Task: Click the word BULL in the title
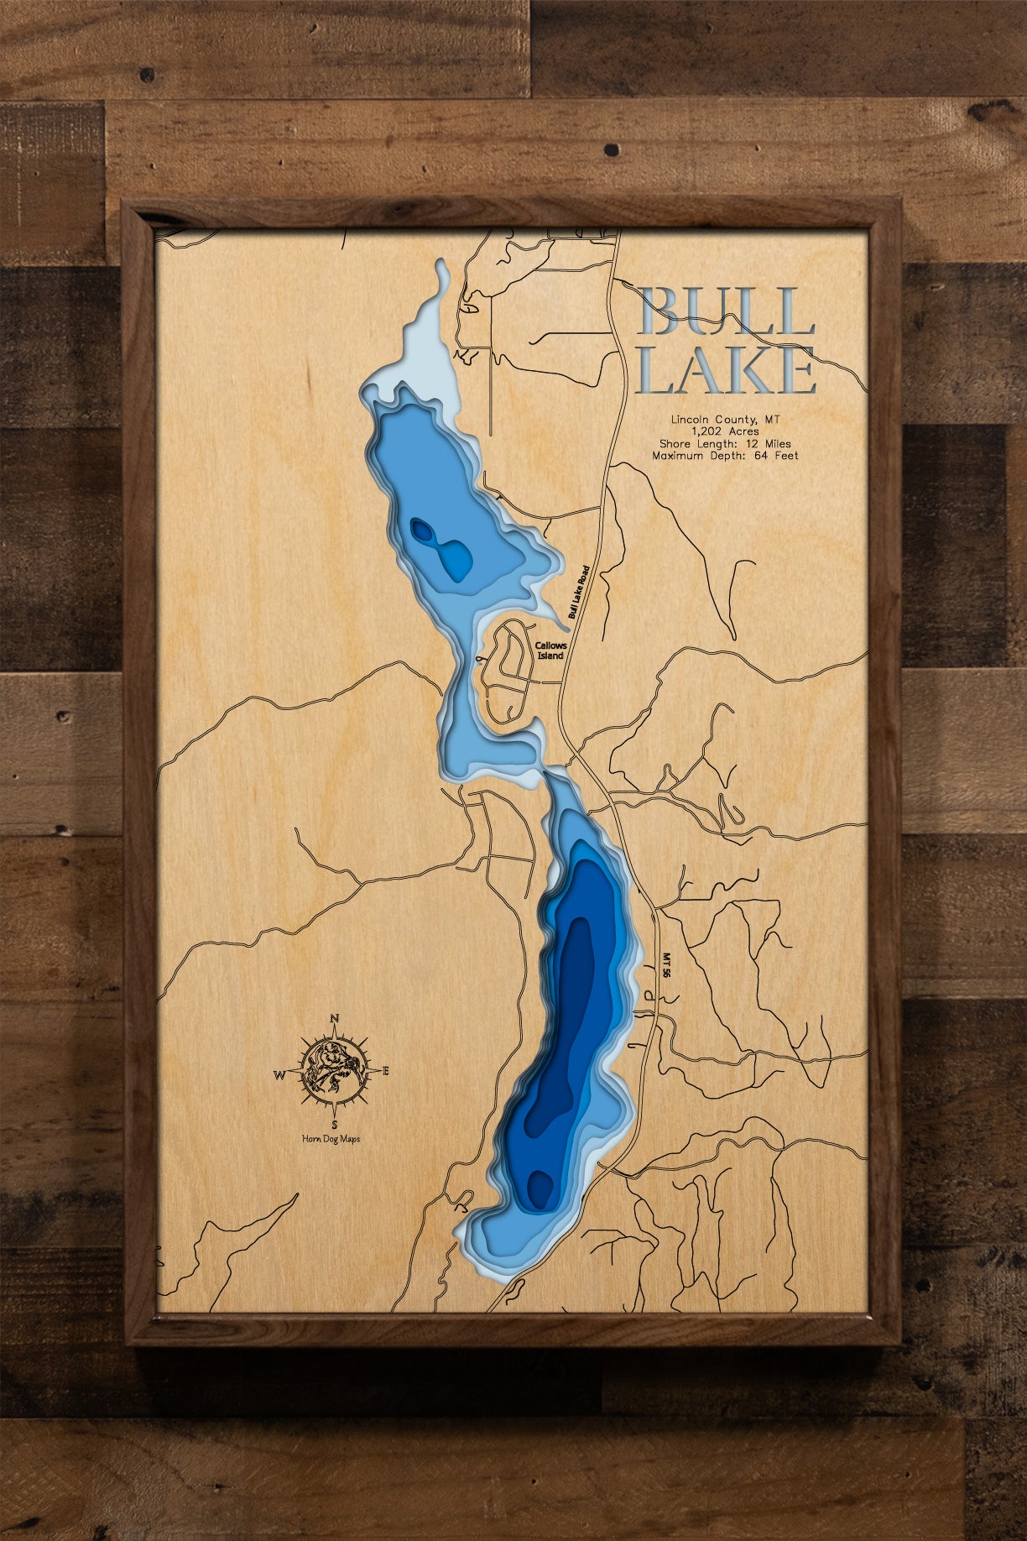(726, 312)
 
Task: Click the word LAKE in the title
(726, 370)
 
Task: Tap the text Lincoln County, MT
(726, 419)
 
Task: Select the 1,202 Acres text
(726, 431)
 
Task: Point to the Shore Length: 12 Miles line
(726, 444)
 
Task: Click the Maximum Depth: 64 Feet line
(726, 456)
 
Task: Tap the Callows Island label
(551, 650)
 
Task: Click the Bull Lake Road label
(579, 592)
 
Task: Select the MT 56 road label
(667, 965)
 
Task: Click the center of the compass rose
(334, 1071)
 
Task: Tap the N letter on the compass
(334, 1019)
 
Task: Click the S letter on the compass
(335, 1124)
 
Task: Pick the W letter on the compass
(279, 1074)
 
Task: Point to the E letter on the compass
(386, 1071)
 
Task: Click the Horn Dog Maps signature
(331, 1139)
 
